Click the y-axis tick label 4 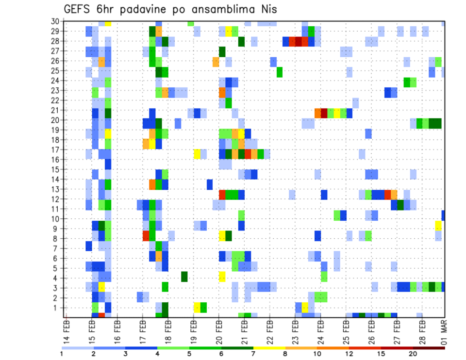pyautogui.click(x=57, y=278)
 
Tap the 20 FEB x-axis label pyautogui.click(x=218, y=331)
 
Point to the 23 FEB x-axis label pyautogui.click(x=295, y=331)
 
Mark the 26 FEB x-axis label pyautogui.click(x=371, y=331)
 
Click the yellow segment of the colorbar pyautogui.click(x=269, y=348)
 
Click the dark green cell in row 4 pyautogui.click(x=184, y=276)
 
